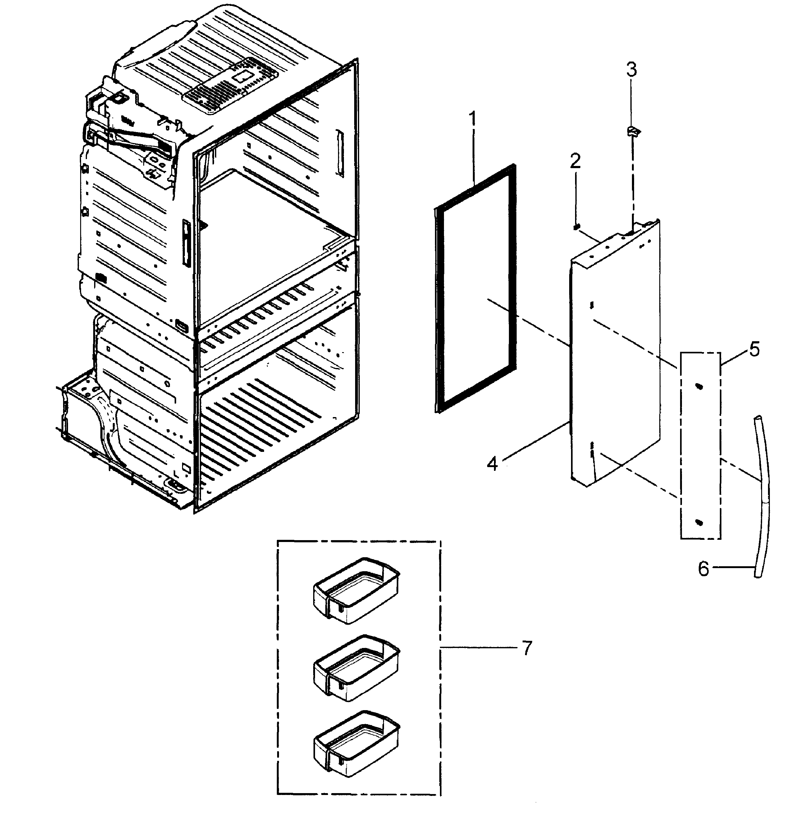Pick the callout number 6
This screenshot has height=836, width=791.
pyautogui.click(x=703, y=569)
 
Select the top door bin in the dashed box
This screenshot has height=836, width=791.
pyautogui.click(x=356, y=590)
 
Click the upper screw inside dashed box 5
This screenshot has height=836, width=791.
pyautogui.click(x=699, y=386)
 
